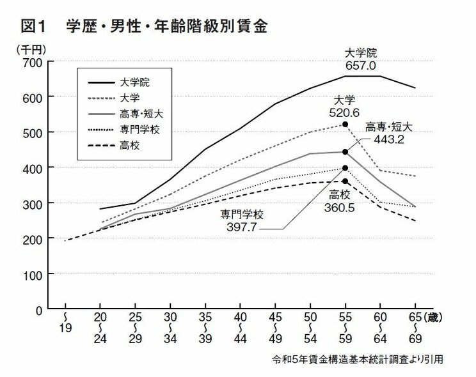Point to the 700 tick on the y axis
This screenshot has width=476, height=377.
(x=33, y=62)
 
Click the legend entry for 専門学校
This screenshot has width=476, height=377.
(x=140, y=130)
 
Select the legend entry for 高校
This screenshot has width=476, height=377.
(x=131, y=146)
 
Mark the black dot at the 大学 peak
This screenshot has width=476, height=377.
(x=345, y=125)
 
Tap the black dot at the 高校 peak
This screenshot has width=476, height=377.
(x=345, y=181)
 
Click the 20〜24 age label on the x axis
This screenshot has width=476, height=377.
(x=99, y=330)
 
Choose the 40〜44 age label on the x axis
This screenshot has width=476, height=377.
(x=240, y=330)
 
